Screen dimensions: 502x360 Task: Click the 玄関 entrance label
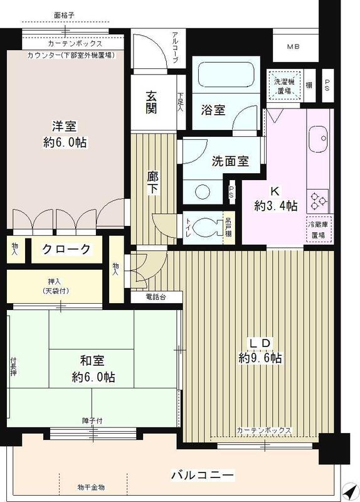click(x=152, y=102)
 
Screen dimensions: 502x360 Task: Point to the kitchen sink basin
click(x=318, y=136)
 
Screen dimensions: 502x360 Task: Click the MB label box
click(x=294, y=47)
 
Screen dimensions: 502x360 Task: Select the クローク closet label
click(x=66, y=249)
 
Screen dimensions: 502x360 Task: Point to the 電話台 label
click(x=157, y=296)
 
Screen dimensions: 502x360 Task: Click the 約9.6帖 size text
click(x=259, y=358)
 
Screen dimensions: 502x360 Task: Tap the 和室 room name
click(x=93, y=361)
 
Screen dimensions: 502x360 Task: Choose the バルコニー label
click(x=203, y=474)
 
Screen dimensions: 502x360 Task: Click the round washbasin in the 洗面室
click(x=202, y=190)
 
